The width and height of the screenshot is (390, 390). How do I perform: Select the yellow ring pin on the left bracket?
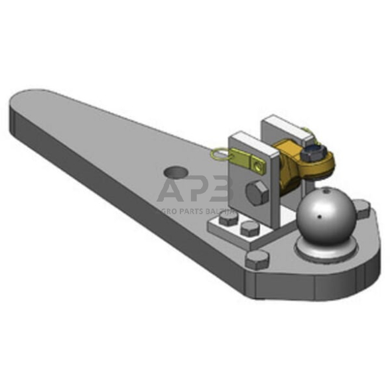point(219,156)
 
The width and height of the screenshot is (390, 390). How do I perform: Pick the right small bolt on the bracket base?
point(249,228)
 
